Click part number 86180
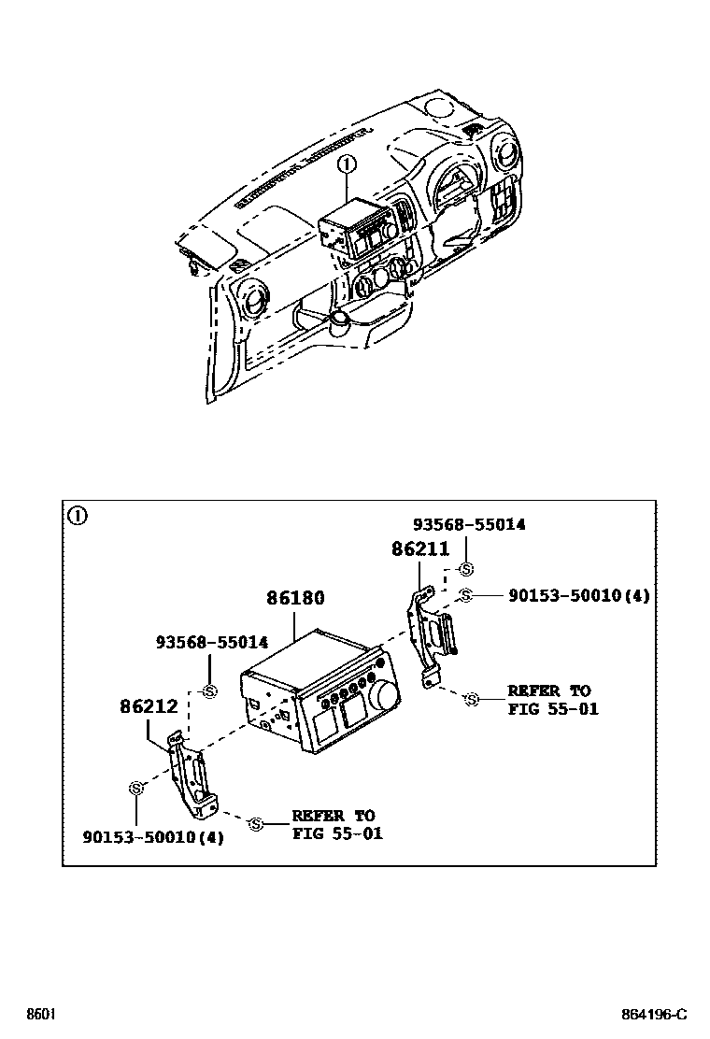[295, 598]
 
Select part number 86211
[420, 548]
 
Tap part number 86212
[149, 706]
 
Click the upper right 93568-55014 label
[469, 524]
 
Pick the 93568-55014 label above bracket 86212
[212, 642]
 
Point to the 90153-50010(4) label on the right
[579, 596]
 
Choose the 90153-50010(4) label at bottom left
[153, 837]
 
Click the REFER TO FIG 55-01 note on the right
[553, 700]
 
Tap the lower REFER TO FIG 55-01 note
[338, 824]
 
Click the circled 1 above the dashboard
[347, 163]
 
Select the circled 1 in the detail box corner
[78, 515]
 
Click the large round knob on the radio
[386, 694]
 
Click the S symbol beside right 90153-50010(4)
[466, 596]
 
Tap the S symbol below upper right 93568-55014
[467, 569]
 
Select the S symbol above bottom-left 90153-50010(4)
[136, 789]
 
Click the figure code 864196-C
[654, 1015]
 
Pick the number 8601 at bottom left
[40, 1015]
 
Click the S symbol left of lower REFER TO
[256, 824]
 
